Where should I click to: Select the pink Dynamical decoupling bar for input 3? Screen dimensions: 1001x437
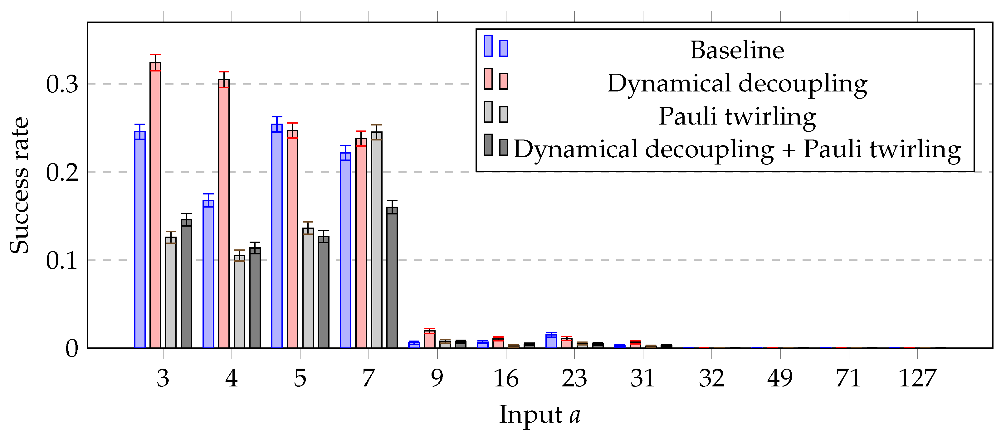[x=155, y=205]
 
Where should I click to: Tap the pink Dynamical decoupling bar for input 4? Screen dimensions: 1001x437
[x=224, y=214]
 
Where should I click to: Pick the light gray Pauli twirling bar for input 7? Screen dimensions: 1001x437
[x=377, y=240]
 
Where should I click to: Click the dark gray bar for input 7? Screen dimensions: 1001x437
[x=392, y=277]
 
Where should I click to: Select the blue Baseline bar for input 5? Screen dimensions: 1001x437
[x=277, y=236]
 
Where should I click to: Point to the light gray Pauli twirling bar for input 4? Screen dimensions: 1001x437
[x=239, y=302]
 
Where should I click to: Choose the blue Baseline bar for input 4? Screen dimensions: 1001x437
[x=208, y=274]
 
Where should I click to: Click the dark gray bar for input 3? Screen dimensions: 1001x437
[x=187, y=283]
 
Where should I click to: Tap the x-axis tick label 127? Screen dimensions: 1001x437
[x=917, y=378]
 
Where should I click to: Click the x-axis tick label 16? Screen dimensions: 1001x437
[x=506, y=378]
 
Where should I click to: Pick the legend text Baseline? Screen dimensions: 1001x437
[x=737, y=50]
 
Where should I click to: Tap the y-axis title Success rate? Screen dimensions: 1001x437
[x=19, y=185]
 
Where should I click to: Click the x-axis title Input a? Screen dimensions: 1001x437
[x=540, y=415]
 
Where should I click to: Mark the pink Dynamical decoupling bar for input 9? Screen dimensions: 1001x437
[x=430, y=339]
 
